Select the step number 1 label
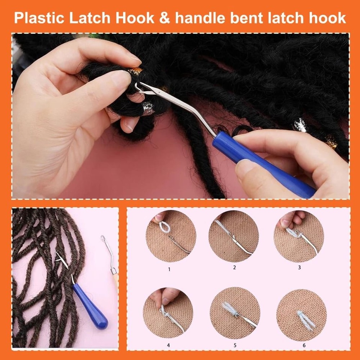pyautogui.click(x=170, y=269)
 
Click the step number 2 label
pyautogui.click(x=234, y=267)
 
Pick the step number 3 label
pyautogui.click(x=299, y=267)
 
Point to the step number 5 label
pyautogui.click(x=235, y=345)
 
